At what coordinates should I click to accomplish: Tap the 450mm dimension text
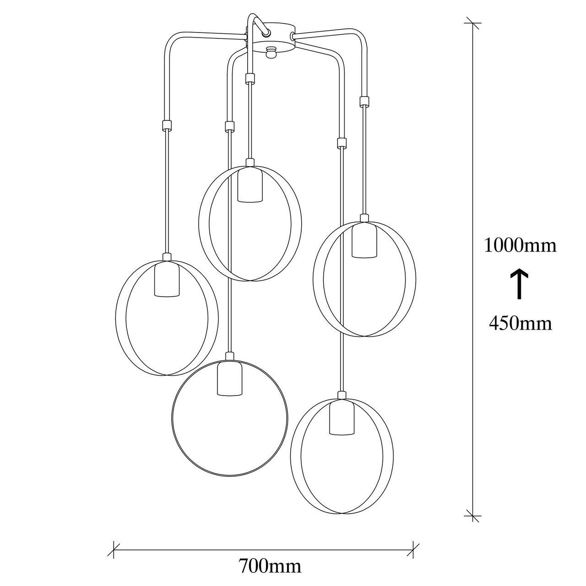[x=521, y=324]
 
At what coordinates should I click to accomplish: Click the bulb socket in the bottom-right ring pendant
[x=342, y=417]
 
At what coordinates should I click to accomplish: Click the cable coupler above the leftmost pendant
[x=167, y=125]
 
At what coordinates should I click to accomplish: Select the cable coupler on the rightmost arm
[x=364, y=101]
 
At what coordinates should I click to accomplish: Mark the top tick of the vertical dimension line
[x=472, y=23]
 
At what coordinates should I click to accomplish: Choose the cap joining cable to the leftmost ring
[x=167, y=257]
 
